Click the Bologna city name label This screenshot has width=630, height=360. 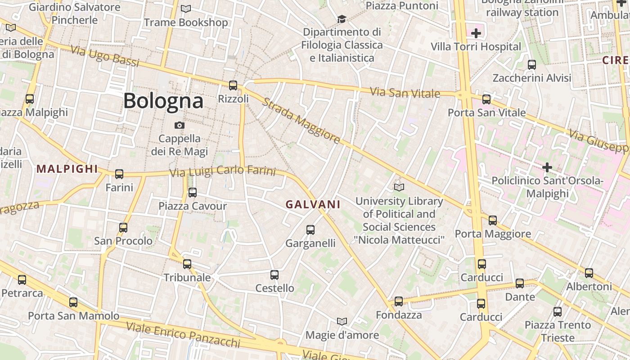(x=163, y=101)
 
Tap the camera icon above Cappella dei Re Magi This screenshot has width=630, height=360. (x=180, y=125)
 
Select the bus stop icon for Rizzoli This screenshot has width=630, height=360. (x=233, y=85)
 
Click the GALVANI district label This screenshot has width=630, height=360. (x=313, y=204)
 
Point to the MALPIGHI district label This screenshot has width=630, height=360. (x=67, y=169)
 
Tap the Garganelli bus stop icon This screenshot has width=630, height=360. (x=310, y=230)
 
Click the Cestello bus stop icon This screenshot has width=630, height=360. (x=274, y=275)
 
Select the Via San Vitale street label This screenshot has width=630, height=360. (x=405, y=93)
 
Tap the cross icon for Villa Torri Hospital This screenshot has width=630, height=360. (x=476, y=33)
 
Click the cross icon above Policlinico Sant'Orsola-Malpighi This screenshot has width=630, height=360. (x=547, y=167)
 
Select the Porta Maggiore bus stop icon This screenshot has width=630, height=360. (x=493, y=220)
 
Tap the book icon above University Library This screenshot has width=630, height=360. (x=399, y=187)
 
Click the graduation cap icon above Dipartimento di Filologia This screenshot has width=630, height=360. (x=342, y=19)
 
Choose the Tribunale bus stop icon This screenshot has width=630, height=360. (x=187, y=264)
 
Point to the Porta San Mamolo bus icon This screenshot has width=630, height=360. (x=73, y=302)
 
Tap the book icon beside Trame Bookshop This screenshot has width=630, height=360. (x=185, y=9)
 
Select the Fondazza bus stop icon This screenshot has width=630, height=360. (x=399, y=301)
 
